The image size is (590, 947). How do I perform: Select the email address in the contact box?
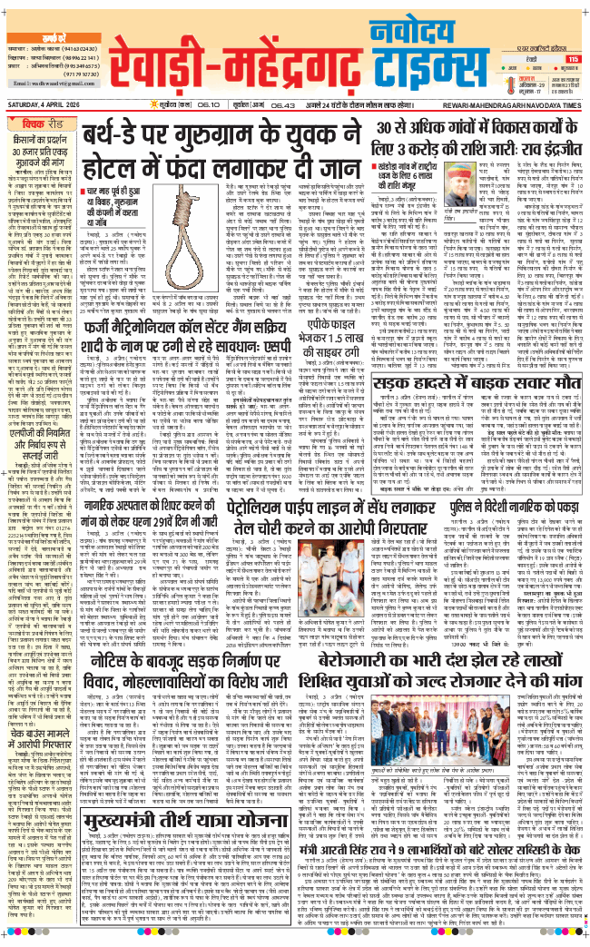(x=46, y=82)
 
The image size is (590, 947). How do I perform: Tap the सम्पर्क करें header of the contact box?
(x=45, y=7)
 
